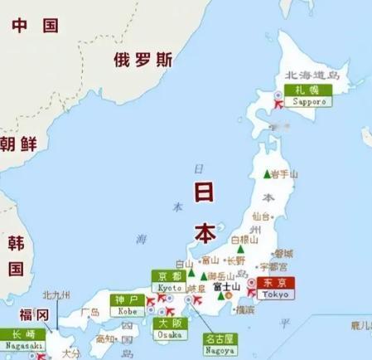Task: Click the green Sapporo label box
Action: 307,95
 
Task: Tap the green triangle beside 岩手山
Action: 267,174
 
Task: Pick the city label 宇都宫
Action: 274,267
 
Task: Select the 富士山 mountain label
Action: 227,287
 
